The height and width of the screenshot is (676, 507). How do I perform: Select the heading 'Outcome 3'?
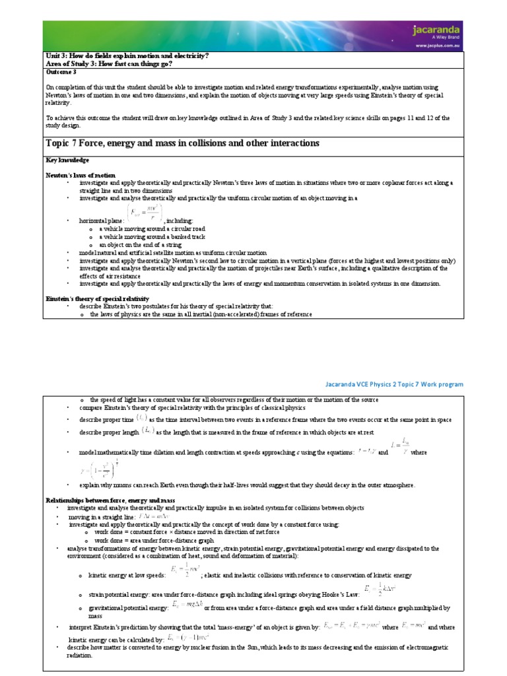61,72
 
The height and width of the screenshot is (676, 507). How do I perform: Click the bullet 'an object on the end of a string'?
141,244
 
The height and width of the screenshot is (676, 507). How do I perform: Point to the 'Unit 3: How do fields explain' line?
125,56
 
